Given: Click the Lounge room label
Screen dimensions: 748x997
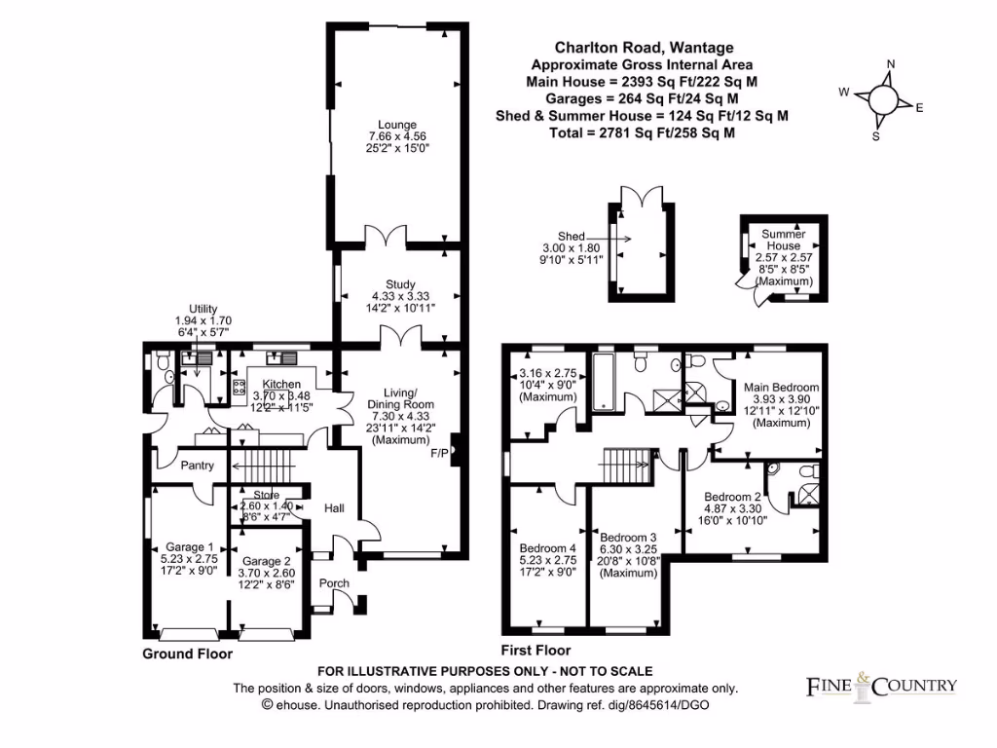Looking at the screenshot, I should click(392, 125).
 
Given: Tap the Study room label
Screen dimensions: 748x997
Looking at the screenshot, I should click(393, 284).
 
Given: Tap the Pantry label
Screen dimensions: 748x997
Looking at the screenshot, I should click(197, 466).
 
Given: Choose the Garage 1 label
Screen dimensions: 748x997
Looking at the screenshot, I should click(189, 546).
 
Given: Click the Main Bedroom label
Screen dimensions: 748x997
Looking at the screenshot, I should click(782, 387).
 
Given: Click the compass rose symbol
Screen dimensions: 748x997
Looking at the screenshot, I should click(884, 99).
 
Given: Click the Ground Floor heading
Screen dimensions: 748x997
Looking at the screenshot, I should click(188, 654).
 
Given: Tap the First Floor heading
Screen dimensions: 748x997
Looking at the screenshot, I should click(535, 651).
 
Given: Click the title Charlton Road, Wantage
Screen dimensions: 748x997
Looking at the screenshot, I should click(644, 47).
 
